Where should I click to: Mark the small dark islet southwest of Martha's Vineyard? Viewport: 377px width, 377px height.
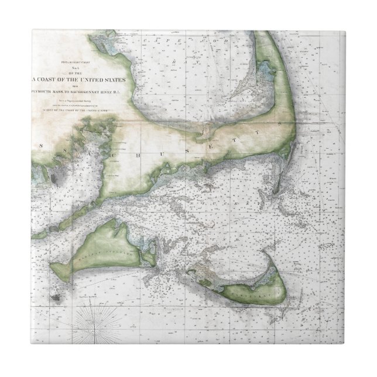point(57,296)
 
